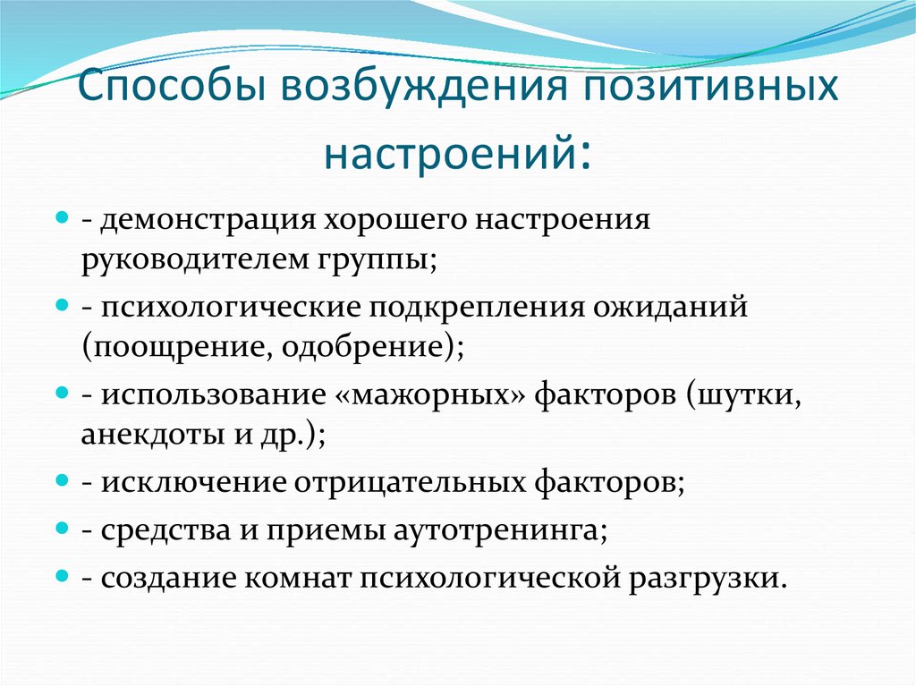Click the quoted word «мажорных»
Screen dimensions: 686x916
[438, 394]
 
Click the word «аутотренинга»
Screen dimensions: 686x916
[497, 529]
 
